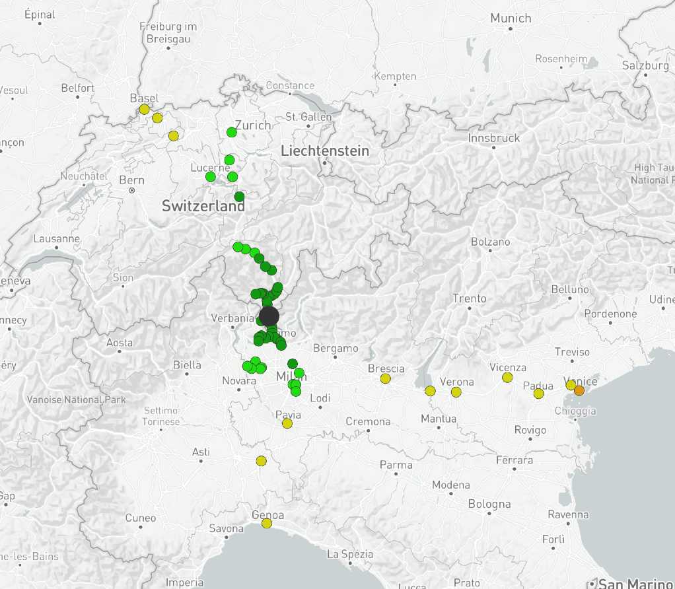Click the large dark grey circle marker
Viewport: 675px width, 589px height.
269,316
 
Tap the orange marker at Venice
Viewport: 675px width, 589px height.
579,390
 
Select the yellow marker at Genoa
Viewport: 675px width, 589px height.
266,523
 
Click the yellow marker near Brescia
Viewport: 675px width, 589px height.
386,378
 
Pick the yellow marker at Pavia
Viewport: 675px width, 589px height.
287,423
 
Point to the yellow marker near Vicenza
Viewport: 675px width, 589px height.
507,377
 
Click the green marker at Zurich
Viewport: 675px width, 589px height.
232,132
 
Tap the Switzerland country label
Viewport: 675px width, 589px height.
203,206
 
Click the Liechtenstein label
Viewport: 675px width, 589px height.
325,151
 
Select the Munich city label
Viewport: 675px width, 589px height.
511,18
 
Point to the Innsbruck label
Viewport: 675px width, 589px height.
494,138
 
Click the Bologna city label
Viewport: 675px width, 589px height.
489,504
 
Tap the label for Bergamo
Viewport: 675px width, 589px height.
336,348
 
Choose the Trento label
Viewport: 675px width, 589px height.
470,298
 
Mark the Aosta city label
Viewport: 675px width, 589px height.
120,343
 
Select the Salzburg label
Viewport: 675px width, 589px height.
645,65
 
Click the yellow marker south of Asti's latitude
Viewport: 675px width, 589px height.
261,461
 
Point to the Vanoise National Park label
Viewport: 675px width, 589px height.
75,399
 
